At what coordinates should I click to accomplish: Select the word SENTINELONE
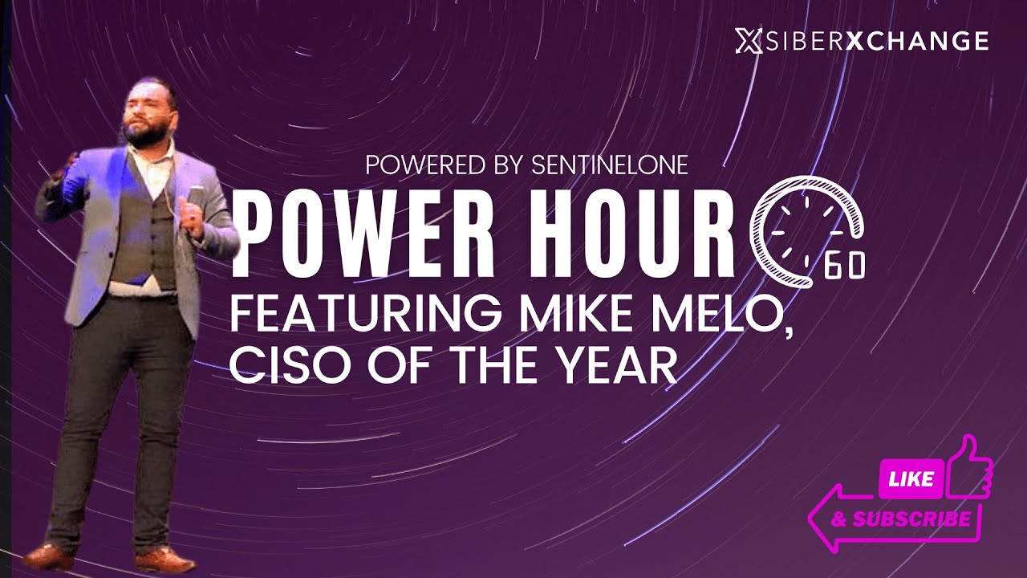click(609, 165)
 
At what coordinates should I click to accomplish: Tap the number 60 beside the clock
click(844, 267)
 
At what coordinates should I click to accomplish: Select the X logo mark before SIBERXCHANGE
click(746, 41)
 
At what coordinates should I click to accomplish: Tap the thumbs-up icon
click(969, 470)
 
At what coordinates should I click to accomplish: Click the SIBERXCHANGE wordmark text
click(875, 41)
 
